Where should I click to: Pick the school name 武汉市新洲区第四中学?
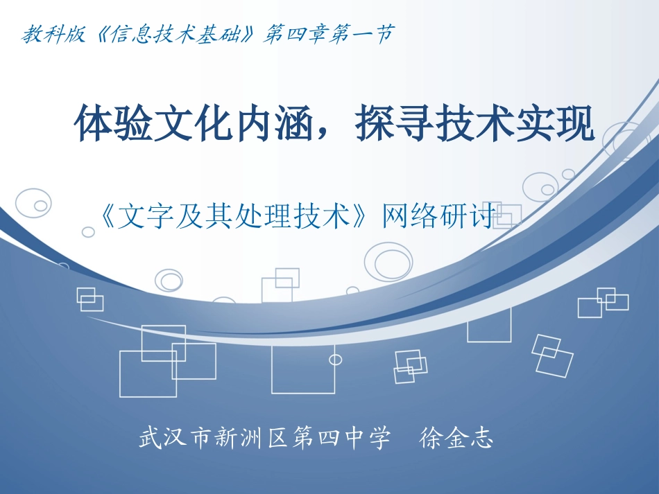264,439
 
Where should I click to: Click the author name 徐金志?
456,439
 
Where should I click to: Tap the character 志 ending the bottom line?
481,439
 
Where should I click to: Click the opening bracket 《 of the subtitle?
108,217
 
